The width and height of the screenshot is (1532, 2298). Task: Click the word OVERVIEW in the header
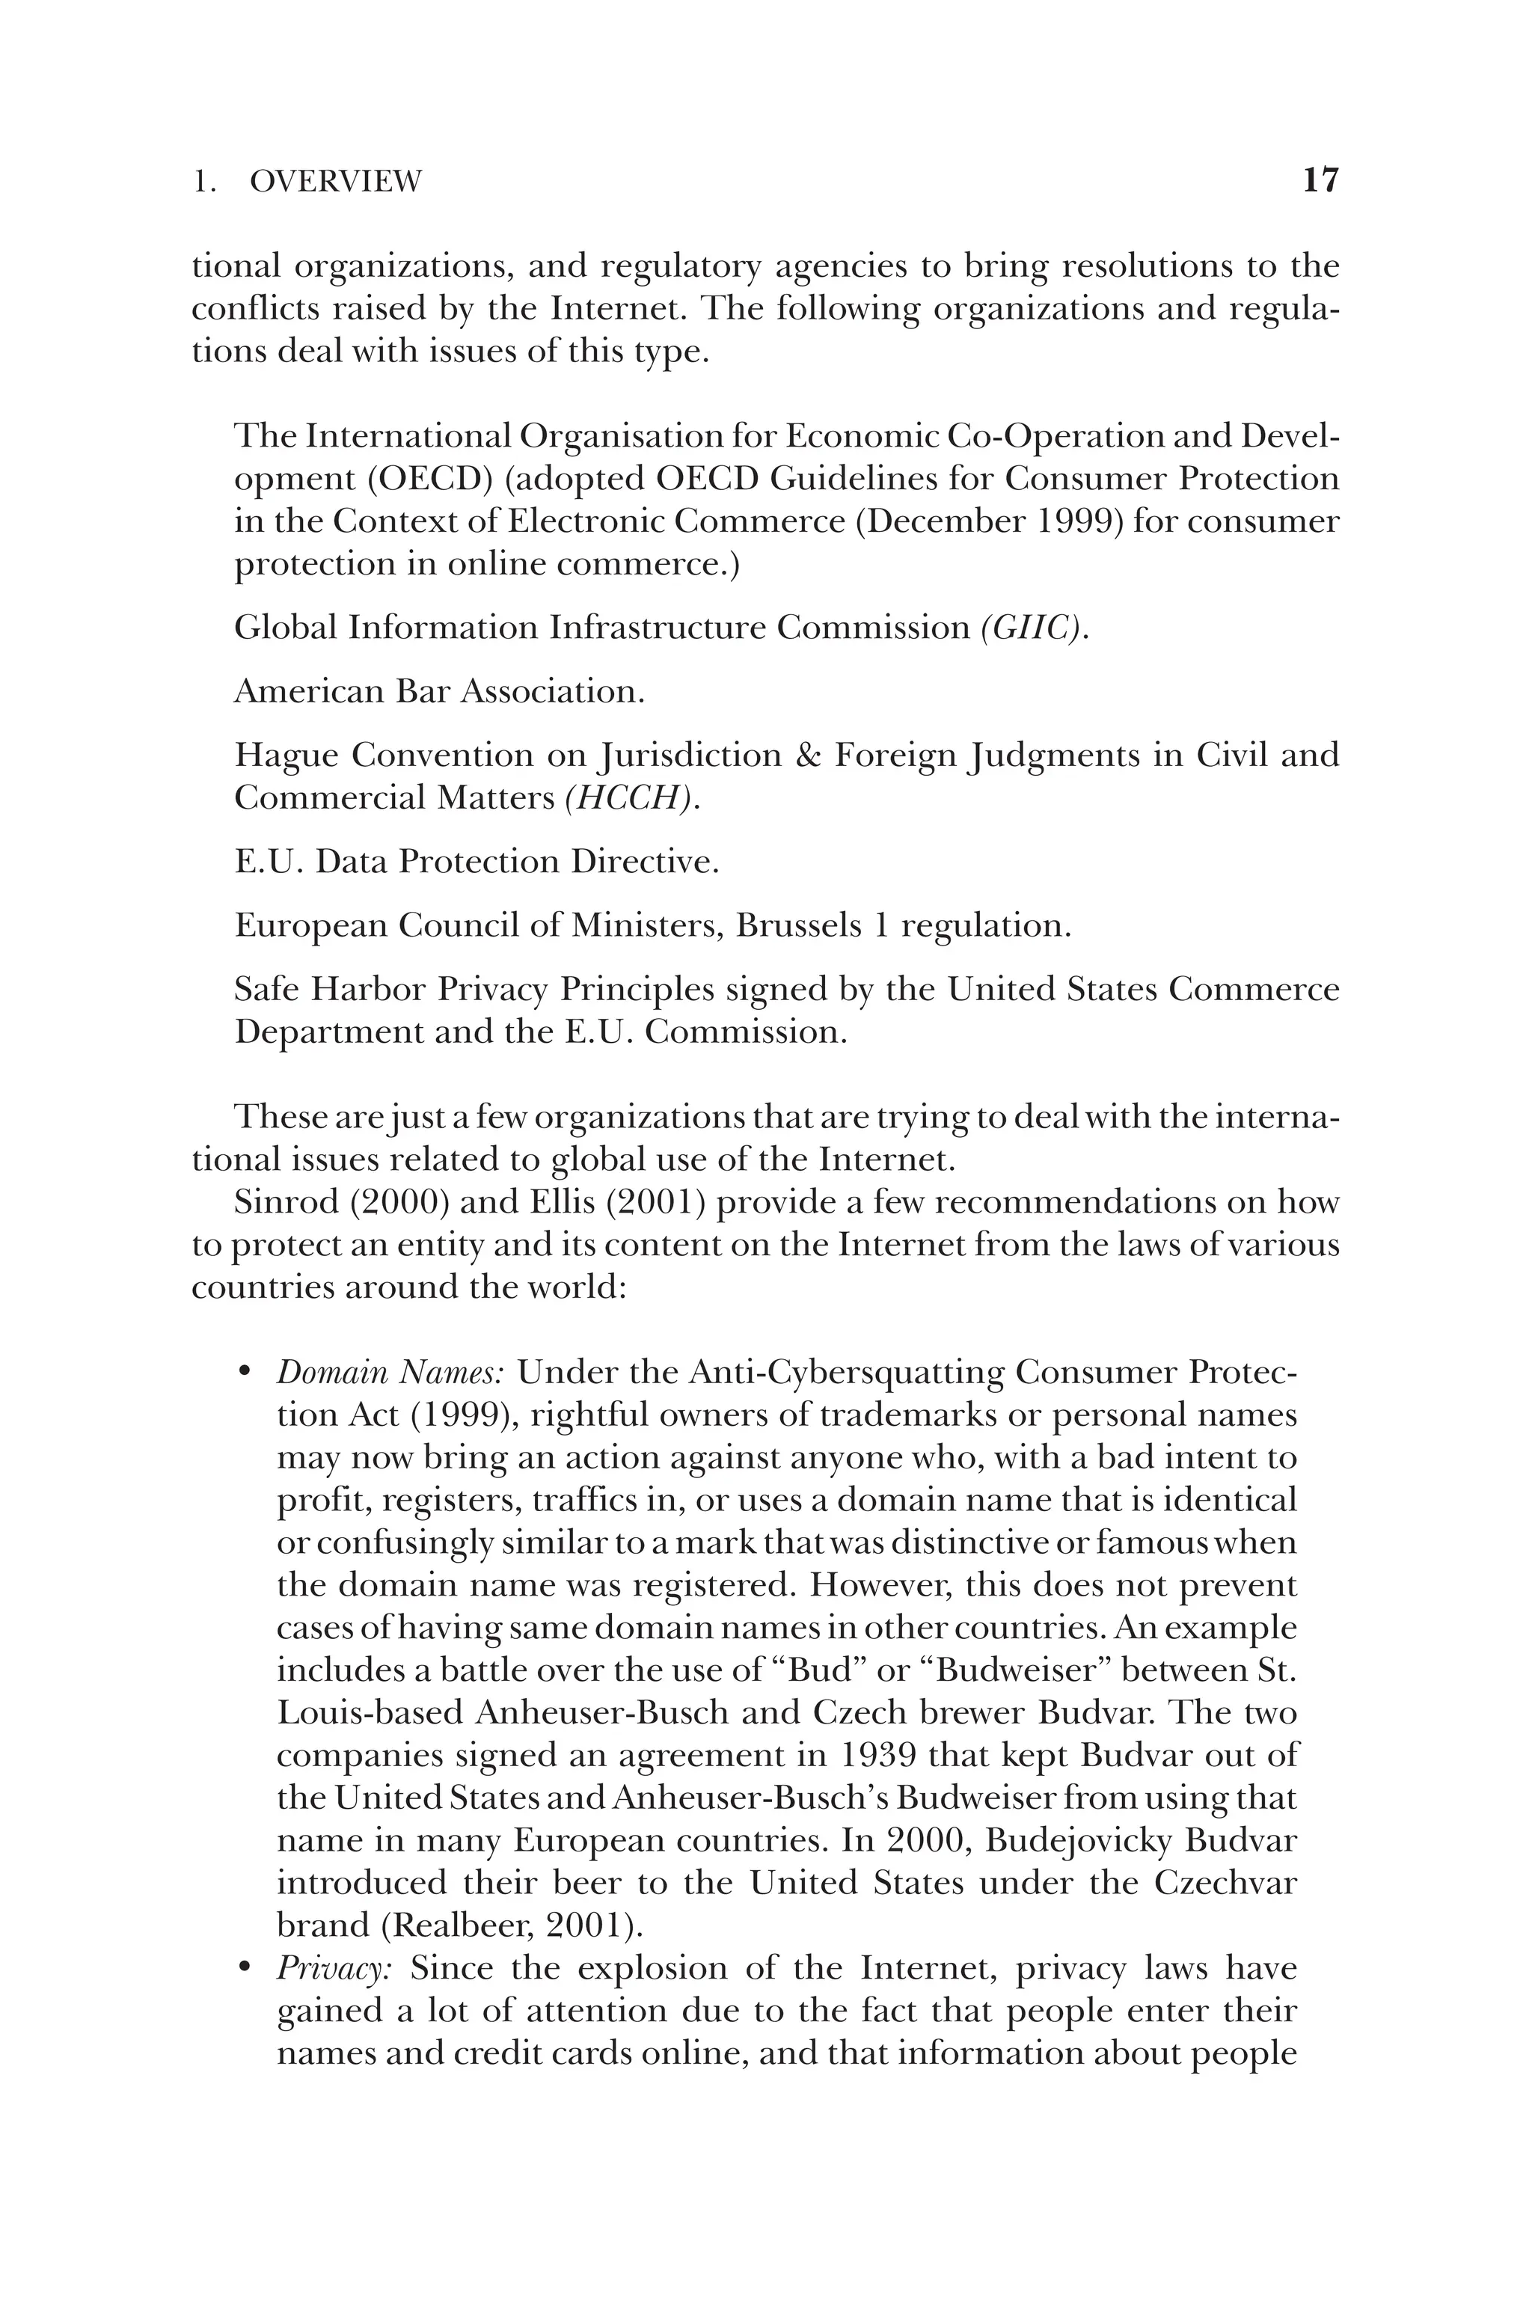(335, 182)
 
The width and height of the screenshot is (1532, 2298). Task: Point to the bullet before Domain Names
(245, 1373)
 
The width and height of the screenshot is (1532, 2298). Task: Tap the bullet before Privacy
(245, 1969)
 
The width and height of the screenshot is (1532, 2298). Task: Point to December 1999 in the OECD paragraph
(993, 521)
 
